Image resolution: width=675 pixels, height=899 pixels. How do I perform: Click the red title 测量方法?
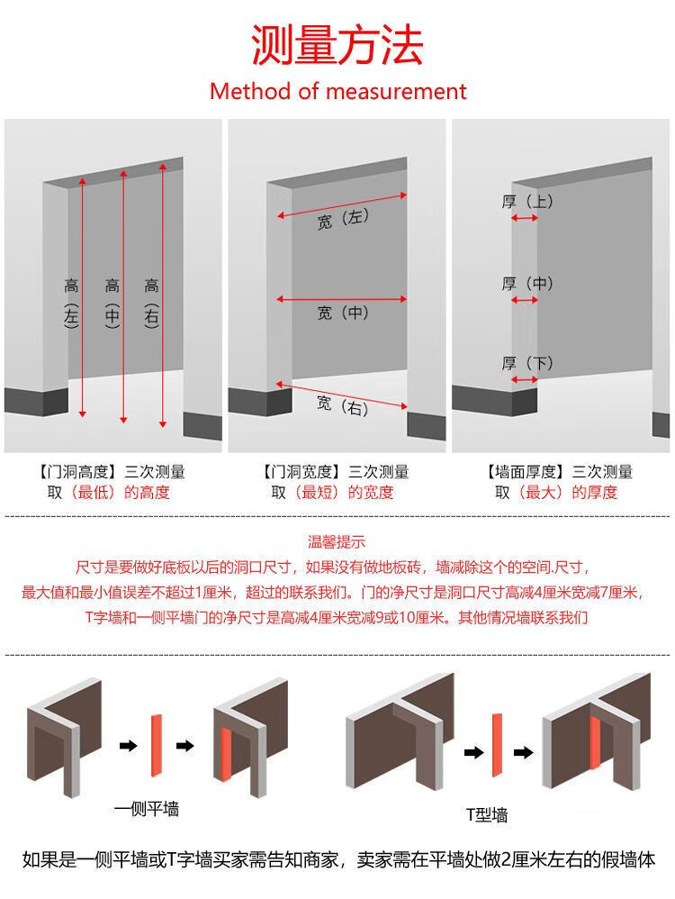[337, 45]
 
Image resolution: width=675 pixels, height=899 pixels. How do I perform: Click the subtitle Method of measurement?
[338, 91]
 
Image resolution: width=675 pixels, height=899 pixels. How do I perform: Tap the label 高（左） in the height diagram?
[71, 303]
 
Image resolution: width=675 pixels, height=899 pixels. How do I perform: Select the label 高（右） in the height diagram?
[151, 303]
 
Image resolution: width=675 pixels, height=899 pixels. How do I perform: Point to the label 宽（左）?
[343, 219]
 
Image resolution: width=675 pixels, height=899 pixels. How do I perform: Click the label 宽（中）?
[343, 313]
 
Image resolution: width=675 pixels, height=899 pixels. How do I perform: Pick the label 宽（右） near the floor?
[343, 406]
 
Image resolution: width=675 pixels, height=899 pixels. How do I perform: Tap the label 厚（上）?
[527, 201]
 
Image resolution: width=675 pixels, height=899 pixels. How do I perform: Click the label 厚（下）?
[527, 364]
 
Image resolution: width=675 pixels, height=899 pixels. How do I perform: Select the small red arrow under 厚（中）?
[525, 300]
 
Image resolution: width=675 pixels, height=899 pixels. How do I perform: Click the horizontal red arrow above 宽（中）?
[341, 299]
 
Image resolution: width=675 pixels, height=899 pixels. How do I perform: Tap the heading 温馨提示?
[337, 541]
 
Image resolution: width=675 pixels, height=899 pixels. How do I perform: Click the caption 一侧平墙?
[147, 809]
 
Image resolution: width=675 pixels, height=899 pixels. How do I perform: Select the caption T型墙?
[487, 814]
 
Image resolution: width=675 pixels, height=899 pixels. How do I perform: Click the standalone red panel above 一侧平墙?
[157, 746]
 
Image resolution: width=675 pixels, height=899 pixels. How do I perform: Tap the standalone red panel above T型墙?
[497, 745]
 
